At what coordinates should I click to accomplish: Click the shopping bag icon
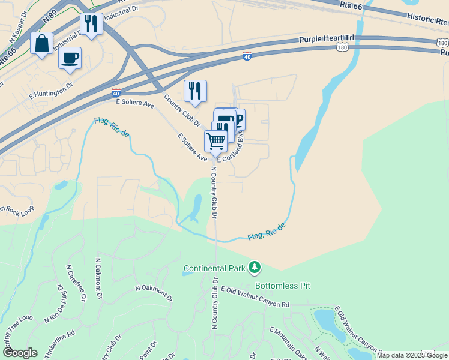(x=41, y=44)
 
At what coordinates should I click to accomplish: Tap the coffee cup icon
(x=70, y=58)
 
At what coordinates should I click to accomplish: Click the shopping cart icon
(x=215, y=141)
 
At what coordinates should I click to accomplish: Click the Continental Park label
(x=214, y=268)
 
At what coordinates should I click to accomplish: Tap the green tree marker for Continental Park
(x=255, y=266)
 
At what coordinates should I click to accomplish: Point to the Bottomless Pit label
(x=282, y=286)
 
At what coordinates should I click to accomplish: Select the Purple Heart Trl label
(x=327, y=38)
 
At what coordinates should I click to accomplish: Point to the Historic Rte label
(x=426, y=19)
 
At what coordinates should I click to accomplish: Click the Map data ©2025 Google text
(x=412, y=355)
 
